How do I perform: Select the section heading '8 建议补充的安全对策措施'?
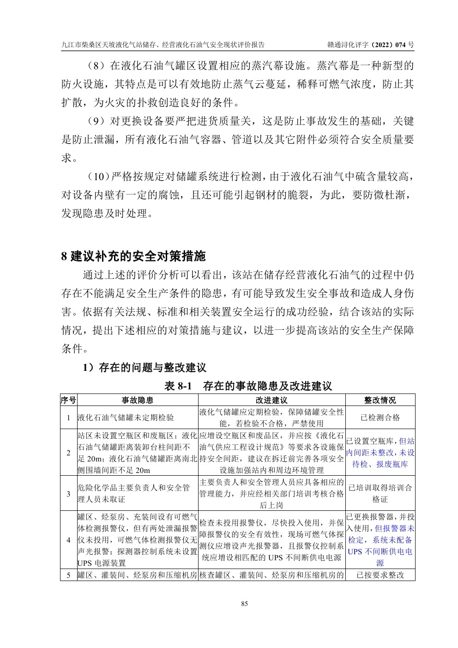point(133,255)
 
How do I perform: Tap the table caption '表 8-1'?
point(178,386)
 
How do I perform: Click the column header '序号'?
point(68,400)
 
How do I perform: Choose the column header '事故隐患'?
point(137,400)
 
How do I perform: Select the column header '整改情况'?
point(380,400)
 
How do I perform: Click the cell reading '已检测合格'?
point(380,418)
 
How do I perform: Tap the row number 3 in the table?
point(68,494)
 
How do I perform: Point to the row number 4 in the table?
point(68,539)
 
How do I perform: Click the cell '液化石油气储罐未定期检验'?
point(126,418)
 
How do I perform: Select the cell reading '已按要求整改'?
point(380,575)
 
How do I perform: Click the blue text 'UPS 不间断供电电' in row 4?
point(380,551)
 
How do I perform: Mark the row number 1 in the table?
point(68,418)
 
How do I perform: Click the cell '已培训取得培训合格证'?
point(380,493)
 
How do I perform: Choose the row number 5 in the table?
point(68,575)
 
